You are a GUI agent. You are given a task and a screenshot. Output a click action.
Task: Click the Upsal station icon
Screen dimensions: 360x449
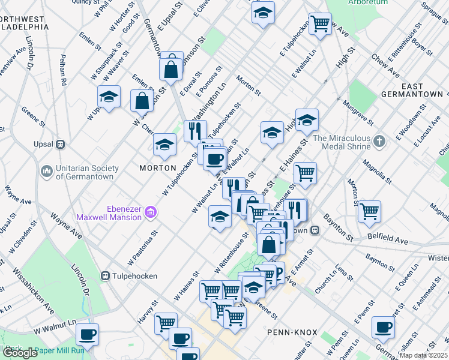point(60,145)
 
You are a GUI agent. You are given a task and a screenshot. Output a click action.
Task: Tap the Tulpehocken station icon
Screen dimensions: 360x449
point(106,276)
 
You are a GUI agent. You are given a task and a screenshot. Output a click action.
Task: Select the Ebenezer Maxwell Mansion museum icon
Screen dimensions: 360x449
point(150,211)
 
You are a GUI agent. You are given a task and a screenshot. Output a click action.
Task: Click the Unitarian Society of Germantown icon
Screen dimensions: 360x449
point(47,172)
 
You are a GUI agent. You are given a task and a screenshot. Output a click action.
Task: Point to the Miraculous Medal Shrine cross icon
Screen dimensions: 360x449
point(379,142)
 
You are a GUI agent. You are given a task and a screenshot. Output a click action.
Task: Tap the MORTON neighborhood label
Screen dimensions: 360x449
point(158,168)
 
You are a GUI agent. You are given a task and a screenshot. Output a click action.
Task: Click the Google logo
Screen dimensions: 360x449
point(20,353)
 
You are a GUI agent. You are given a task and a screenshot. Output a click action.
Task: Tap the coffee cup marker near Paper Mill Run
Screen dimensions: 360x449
point(87,334)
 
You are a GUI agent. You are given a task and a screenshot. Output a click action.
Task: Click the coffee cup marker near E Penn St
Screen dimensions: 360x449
point(383,328)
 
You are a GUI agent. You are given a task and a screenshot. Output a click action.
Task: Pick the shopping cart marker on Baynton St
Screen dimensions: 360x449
point(369,211)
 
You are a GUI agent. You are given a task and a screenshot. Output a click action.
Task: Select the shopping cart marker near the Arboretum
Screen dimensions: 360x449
point(320,24)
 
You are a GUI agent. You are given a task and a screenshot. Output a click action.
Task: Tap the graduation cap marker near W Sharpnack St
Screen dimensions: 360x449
point(109,97)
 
